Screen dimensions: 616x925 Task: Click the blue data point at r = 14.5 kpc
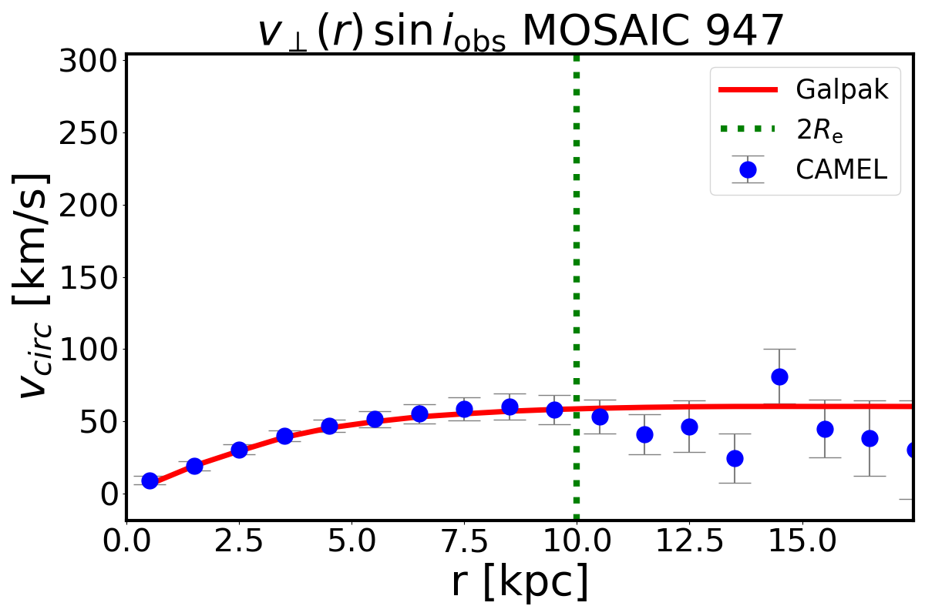click(779, 377)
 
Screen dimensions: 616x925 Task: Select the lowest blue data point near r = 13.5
click(735, 458)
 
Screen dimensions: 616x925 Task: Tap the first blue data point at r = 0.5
click(150, 480)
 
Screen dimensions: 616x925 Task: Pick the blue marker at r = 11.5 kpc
click(644, 434)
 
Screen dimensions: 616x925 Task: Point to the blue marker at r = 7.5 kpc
click(464, 409)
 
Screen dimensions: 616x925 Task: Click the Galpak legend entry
click(843, 90)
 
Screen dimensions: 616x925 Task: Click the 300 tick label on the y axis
click(92, 61)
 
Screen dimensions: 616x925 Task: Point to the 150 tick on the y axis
click(92, 277)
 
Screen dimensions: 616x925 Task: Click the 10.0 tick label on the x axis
click(577, 544)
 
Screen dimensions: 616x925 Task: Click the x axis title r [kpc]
click(520, 584)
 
